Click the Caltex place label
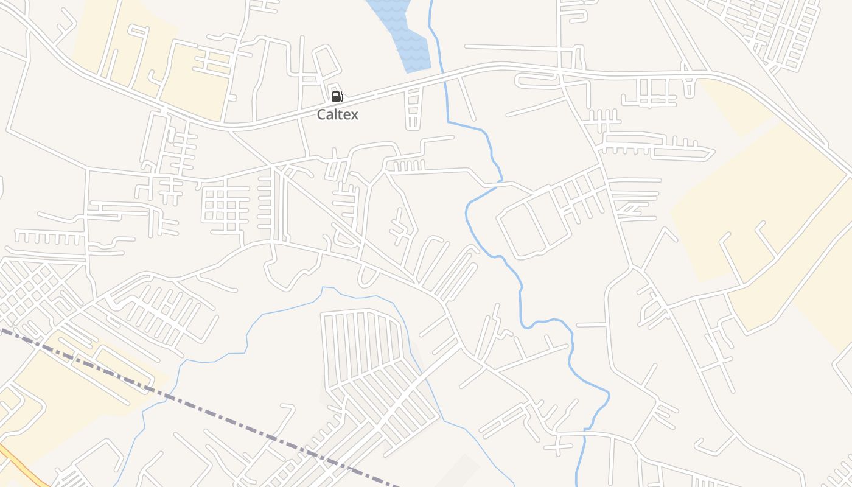pos(338,114)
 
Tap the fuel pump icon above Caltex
pos(337,96)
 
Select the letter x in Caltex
pos(354,114)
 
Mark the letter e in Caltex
pos(346,114)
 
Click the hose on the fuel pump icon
pos(341,96)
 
